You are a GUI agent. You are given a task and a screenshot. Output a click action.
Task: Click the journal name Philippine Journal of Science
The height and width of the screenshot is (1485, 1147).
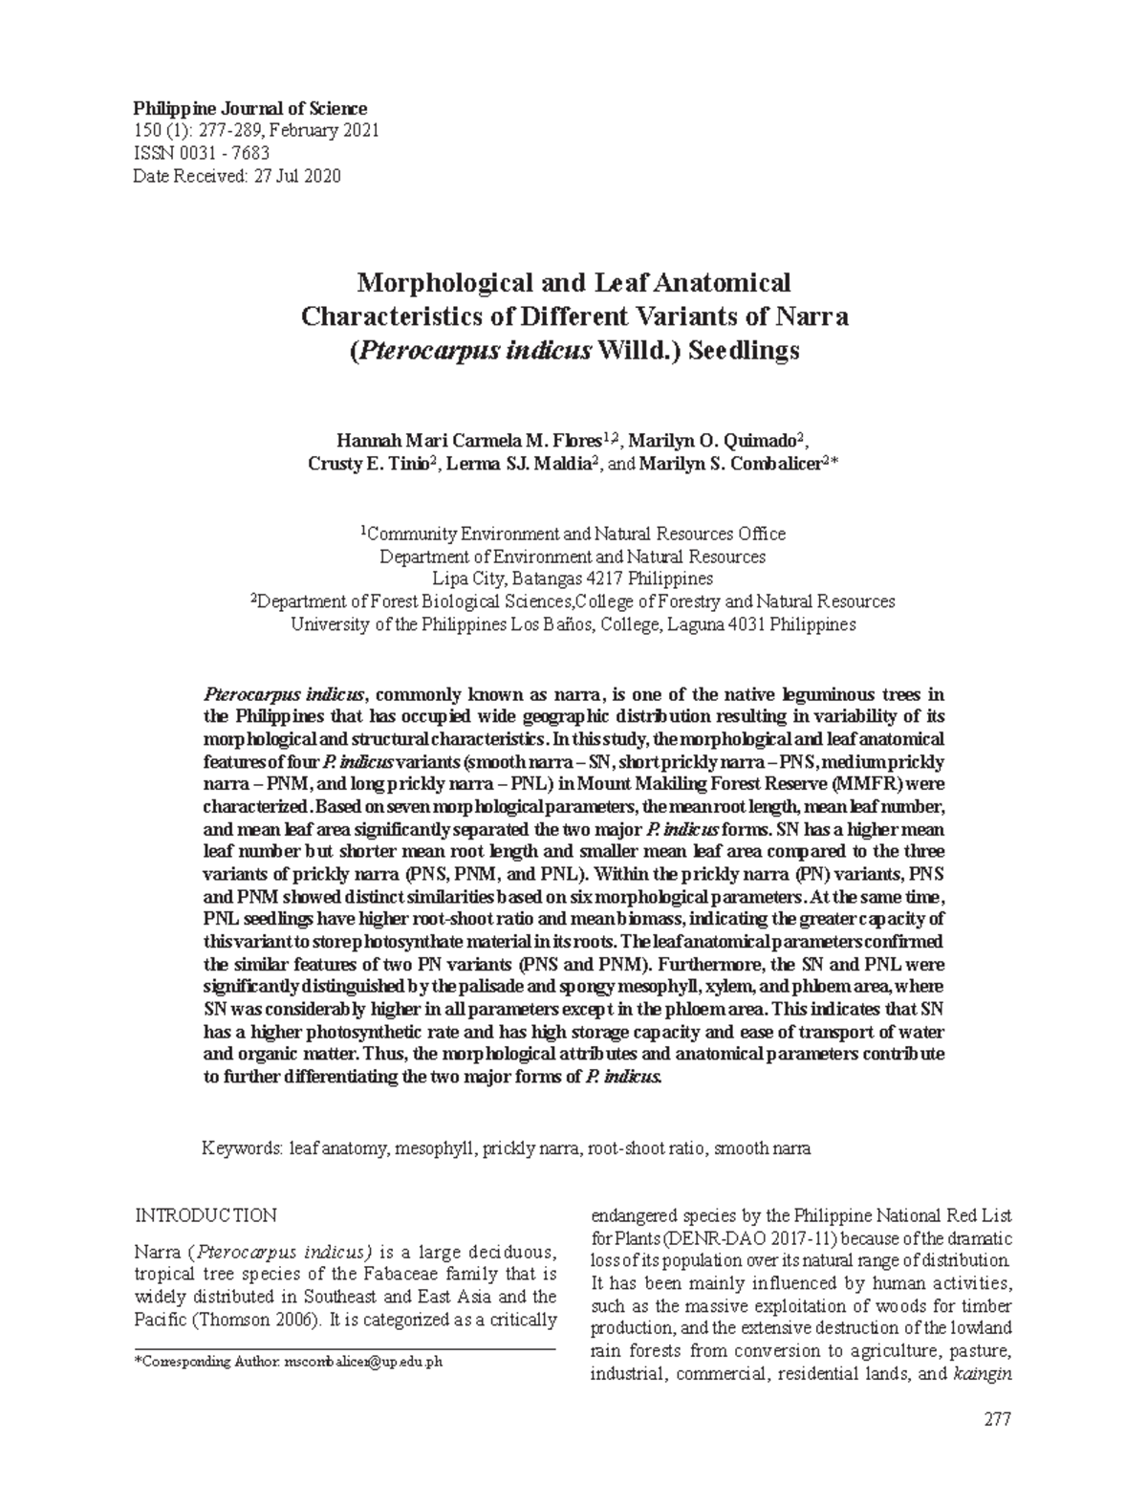click(x=249, y=109)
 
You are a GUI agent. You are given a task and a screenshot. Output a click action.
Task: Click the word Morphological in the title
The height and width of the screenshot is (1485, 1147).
click(x=433, y=283)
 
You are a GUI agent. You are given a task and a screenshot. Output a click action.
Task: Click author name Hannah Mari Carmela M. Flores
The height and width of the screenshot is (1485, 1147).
click(x=468, y=440)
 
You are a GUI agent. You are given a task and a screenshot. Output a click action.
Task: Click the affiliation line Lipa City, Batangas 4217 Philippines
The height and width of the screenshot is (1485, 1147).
click(x=573, y=579)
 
